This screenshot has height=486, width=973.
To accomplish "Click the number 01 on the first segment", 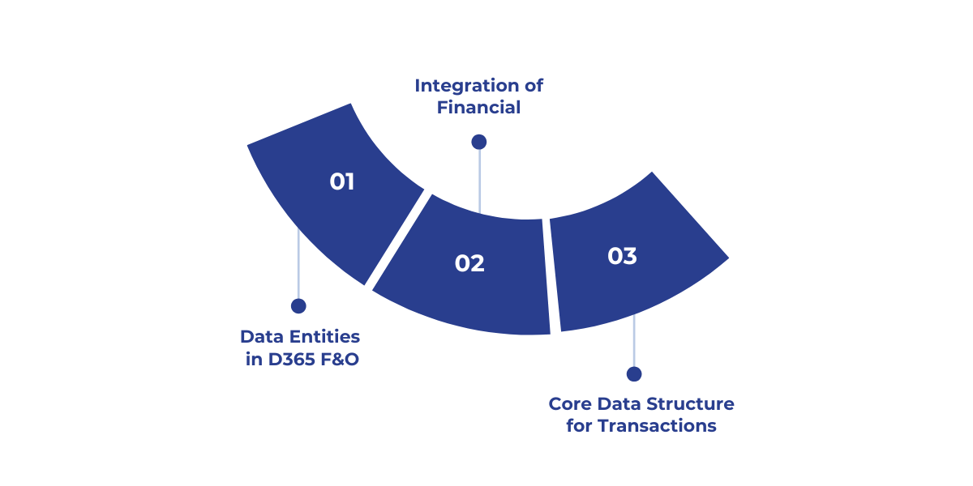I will (x=342, y=181).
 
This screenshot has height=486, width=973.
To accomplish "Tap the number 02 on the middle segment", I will (x=469, y=263).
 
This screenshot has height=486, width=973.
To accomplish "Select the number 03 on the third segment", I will (x=622, y=256).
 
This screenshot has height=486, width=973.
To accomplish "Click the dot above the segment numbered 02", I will (x=478, y=142).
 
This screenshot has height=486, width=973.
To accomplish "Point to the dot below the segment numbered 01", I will (x=298, y=305).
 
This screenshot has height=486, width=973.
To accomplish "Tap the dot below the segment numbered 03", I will (x=634, y=373).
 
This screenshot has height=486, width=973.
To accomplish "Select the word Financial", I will (x=478, y=107).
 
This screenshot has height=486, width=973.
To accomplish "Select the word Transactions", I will (x=657, y=426).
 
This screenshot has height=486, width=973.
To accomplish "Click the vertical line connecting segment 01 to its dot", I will (x=298, y=267).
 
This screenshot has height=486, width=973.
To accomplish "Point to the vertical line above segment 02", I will (x=479, y=182).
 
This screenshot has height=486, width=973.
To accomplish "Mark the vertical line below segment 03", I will (x=634, y=344).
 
